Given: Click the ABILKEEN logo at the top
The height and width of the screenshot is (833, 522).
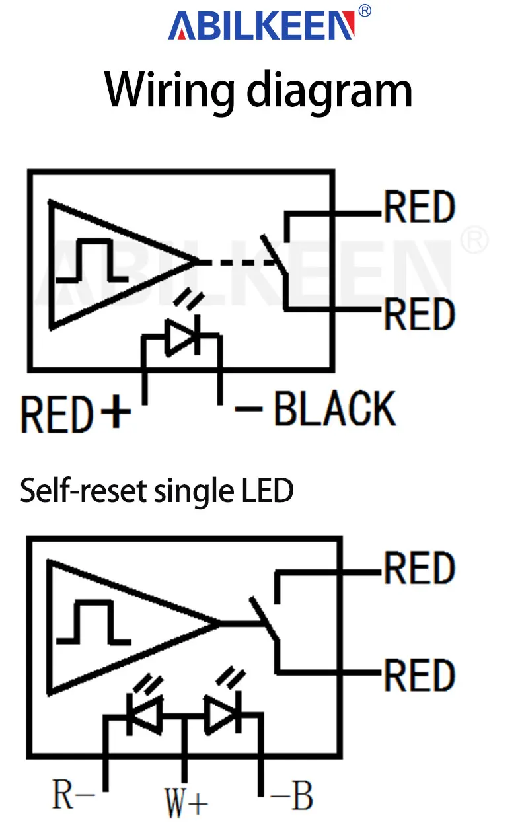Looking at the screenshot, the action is pyautogui.click(x=261, y=25).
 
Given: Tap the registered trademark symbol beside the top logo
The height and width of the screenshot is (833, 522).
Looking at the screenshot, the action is pyautogui.click(x=365, y=11).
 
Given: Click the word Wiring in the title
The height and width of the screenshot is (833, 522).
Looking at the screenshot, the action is pyautogui.click(x=170, y=91).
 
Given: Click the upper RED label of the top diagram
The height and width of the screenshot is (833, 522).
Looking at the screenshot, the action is pyautogui.click(x=420, y=206).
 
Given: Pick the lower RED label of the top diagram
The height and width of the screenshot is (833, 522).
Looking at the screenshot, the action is pyautogui.click(x=420, y=314).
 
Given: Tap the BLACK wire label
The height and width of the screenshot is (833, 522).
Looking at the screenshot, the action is pyautogui.click(x=335, y=408).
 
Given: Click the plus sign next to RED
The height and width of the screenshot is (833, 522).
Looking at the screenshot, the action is pyautogui.click(x=116, y=412).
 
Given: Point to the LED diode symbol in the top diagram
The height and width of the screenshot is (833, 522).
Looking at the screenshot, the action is pyautogui.click(x=182, y=337).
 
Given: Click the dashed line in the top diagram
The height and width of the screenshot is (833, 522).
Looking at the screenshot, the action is pyautogui.click(x=237, y=262).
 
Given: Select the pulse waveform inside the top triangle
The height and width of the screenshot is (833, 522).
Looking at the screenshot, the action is pyautogui.click(x=92, y=260).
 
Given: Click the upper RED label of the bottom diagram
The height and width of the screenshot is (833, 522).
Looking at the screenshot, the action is pyautogui.click(x=420, y=567).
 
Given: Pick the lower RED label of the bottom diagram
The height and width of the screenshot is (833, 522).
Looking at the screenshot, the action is pyautogui.click(x=420, y=675).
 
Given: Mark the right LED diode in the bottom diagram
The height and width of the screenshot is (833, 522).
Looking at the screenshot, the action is pyautogui.click(x=223, y=713).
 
